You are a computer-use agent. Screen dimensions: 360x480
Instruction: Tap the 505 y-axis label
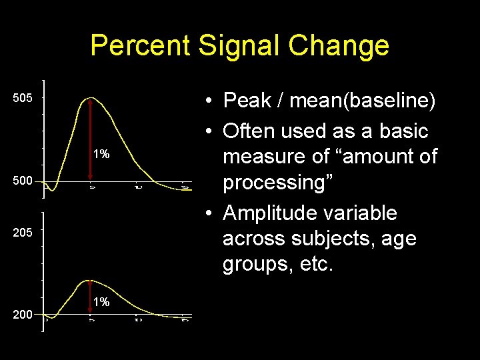point(23,99)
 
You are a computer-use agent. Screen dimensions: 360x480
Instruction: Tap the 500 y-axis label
point(23,181)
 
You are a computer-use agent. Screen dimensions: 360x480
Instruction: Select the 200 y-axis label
point(23,314)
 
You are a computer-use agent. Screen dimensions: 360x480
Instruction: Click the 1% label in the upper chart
point(101,155)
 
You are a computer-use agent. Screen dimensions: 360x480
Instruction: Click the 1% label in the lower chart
point(101,302)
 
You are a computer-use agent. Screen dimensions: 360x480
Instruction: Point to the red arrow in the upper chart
point(91,140)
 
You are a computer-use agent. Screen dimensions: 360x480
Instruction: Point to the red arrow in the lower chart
point(91,297)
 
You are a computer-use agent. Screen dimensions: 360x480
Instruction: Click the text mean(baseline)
point(365,101)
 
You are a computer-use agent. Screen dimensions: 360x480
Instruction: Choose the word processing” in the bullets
point(275,183)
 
